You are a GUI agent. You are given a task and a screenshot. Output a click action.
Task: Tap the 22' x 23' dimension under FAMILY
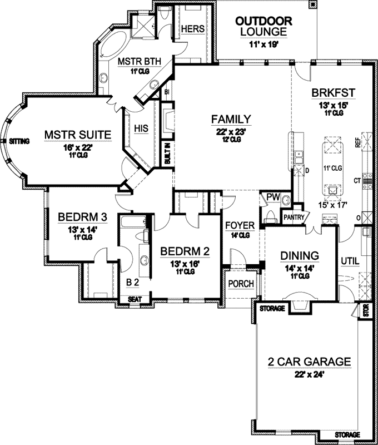point(231,130)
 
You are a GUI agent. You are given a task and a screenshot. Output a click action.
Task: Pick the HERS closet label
point(191,28)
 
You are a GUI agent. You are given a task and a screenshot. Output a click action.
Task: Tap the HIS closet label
point(141,128)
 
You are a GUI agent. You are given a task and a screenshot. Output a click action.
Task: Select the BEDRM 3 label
point(79,216)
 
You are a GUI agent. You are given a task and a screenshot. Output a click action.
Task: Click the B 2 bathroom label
point(132,283)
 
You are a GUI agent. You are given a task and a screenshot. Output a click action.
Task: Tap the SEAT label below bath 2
point(135,299)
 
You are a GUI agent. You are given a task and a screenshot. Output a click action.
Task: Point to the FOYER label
point(240,225)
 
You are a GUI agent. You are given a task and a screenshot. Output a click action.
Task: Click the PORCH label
point(241,284)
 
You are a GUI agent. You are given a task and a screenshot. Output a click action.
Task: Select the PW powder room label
point(272,197)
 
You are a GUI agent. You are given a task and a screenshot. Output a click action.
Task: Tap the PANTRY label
point(294,217)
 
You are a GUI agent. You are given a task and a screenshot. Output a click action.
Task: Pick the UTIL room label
point(349,260)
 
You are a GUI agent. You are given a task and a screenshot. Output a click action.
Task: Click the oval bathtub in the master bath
point(116,47)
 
